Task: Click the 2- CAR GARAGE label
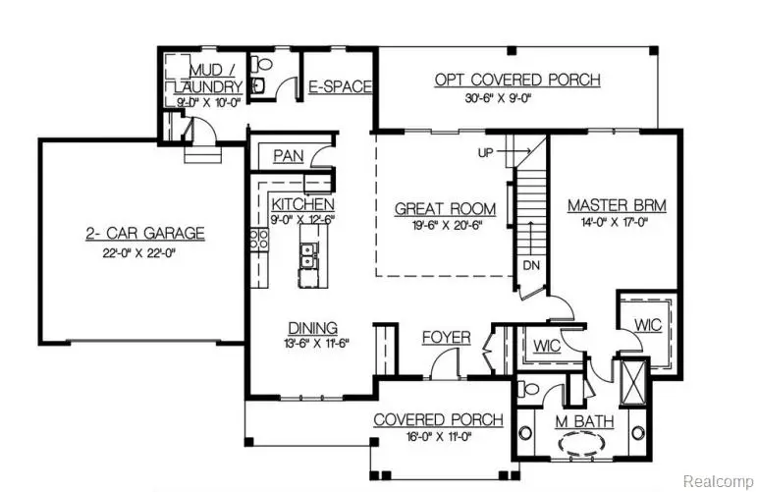[143, 234]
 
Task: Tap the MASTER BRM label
[617, 206]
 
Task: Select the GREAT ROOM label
[445, 209]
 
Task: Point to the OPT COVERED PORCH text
[517, 81]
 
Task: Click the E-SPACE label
[341, 87]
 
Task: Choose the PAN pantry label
[288, 156]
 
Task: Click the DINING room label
[313, 328]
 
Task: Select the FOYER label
[447, 338]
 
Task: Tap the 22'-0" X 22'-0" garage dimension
[143, 251]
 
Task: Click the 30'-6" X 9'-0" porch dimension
[517, 99]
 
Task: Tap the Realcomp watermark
[718, 481]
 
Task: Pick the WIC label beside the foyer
[546, 347]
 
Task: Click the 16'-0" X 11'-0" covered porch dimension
[439, 437]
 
